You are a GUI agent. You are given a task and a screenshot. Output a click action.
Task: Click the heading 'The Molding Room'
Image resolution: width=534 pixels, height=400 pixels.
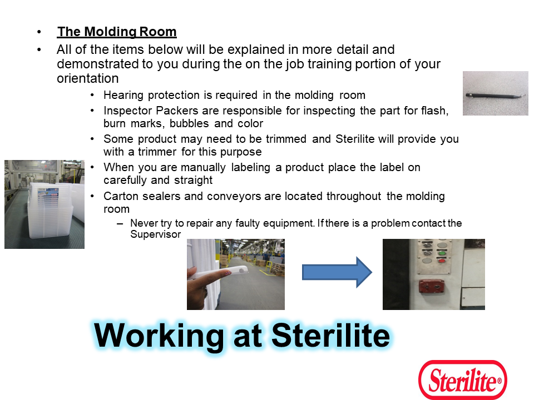(x=117, y=32)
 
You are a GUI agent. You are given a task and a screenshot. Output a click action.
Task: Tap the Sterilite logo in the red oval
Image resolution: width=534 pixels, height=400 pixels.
(x=462, y=379)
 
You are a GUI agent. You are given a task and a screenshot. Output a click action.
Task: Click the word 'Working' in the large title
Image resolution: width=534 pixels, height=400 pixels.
(x=159, y=336)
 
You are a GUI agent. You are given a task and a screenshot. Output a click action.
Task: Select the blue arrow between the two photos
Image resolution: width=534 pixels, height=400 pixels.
(x=337, y=272)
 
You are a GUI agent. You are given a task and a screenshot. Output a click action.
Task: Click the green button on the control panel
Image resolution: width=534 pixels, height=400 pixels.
(x=442, y=253)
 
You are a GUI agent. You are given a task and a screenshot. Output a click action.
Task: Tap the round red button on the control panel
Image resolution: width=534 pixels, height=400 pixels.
(x=442, y=261)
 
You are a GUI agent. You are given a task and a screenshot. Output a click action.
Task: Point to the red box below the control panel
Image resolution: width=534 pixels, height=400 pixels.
(x=432, y=287)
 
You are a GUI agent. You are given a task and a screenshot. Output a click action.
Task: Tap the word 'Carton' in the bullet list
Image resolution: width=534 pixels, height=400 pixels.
(x=121, y=196)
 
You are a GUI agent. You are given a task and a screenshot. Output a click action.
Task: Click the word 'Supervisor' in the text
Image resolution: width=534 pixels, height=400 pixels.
(x=155, y=234)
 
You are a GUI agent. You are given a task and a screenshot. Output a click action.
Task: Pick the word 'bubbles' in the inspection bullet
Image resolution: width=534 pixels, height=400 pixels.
(x=189, y=123)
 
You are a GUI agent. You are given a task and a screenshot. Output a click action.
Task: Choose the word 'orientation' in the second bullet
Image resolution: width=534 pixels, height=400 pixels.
(x=87, y=78)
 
